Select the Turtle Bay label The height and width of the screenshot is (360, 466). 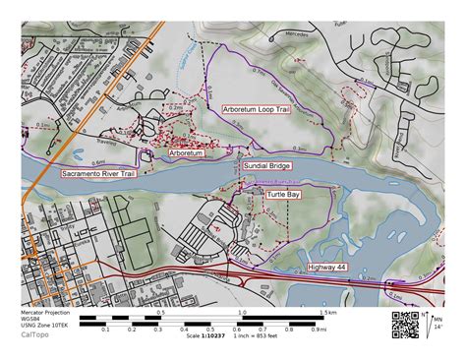point(284,195)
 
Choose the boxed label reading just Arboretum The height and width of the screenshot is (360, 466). point(186,153)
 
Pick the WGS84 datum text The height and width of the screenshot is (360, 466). point(30,319)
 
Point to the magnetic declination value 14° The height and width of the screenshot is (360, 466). point(437,328)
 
